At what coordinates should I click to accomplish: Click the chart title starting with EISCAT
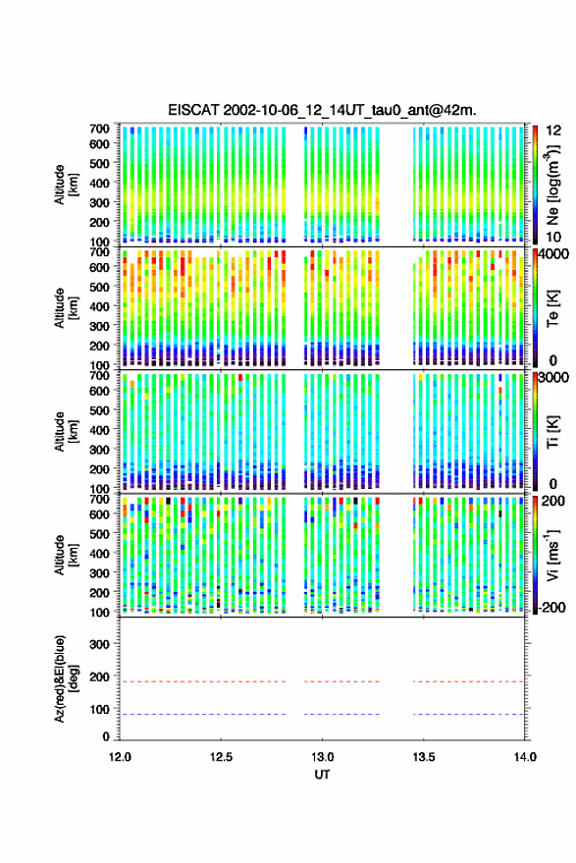tap(322, 110)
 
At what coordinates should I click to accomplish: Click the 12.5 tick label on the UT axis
tap(221, 757)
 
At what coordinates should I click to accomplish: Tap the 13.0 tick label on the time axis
tap(322, 757)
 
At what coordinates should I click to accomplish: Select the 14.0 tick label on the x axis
tap(525, 757)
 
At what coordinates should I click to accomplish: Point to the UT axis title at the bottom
tap(322, 775)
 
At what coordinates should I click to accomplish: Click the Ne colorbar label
tap(552, 186)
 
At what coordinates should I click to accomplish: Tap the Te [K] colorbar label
tap(552, 308)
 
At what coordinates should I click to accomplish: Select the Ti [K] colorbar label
tap(552, 432)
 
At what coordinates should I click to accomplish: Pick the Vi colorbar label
tap(552, 555)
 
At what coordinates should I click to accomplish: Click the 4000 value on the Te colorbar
tap(553, 254)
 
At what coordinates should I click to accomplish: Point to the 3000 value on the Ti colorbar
tap(553, 378)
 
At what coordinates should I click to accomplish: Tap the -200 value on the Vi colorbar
tap(552, 608)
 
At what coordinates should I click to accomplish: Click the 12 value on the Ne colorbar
tap(553, 131)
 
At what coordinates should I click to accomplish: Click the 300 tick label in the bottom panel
tap(99, 644)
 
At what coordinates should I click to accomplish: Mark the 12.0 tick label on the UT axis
tap(120, 757)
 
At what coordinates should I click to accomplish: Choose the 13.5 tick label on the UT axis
tap(423, 757)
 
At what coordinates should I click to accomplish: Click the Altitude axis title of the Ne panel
tap(66, 186)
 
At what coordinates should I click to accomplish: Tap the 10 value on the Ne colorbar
tap(553, 238)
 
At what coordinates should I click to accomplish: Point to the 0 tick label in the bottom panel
tap(106, 736)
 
